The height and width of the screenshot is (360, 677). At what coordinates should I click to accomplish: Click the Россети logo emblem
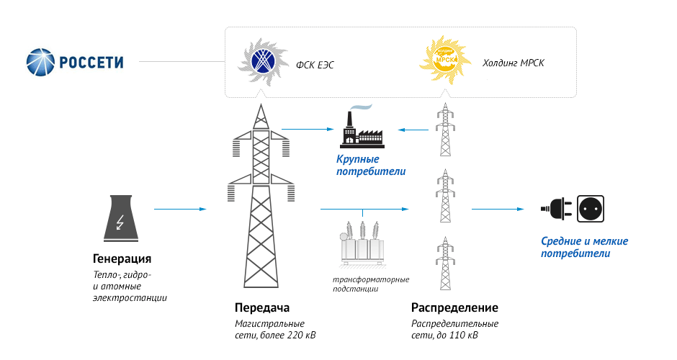40,62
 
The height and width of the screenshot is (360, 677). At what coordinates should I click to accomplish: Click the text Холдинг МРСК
513,63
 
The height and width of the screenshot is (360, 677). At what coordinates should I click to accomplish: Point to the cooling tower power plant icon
121,218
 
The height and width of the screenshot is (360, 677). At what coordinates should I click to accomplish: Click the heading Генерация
122,258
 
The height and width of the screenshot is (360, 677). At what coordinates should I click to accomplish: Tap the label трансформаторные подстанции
370,284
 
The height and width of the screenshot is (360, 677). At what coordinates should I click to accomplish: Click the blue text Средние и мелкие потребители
584,247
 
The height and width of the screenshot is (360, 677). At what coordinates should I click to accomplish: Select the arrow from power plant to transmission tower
180,210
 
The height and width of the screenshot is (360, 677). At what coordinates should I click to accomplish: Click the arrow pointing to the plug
498,210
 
